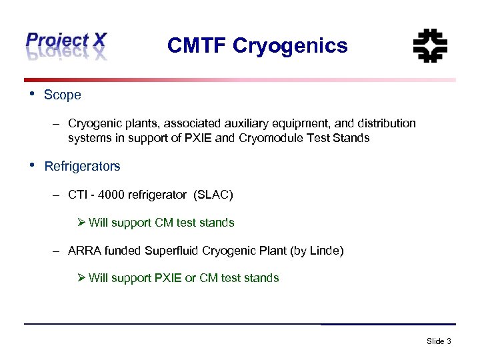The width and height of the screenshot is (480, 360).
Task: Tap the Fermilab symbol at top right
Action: (430, 46)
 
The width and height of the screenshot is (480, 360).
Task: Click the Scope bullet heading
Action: (62, 95)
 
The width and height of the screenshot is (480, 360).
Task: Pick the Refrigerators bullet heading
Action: (82, 166)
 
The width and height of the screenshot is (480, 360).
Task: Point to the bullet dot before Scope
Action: (31, 93)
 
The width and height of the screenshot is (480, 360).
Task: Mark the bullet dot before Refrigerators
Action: (31, 164)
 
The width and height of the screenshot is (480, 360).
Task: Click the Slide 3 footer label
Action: (439, 341)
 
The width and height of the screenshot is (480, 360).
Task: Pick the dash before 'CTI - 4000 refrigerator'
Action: (58, 195)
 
